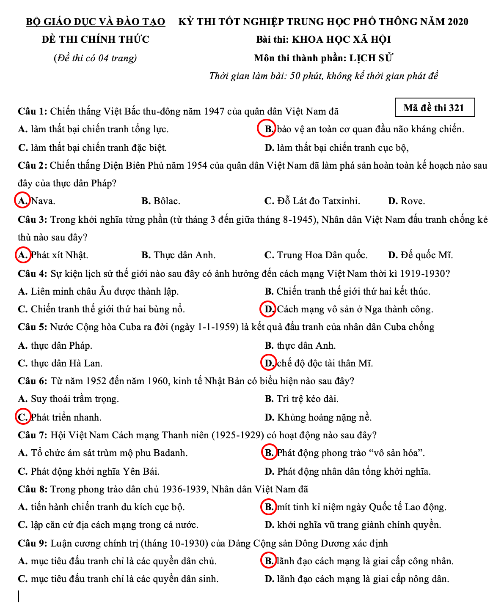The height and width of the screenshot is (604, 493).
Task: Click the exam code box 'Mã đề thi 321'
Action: point(434,108)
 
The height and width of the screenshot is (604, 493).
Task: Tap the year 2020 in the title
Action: point(457,22)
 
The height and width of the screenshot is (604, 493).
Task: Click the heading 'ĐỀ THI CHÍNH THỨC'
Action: point(95,40)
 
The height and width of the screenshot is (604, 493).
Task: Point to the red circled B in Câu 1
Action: point(267,129)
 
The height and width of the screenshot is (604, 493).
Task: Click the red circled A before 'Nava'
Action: point(22,201)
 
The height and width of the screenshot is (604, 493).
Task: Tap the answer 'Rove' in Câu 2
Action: point(413,201)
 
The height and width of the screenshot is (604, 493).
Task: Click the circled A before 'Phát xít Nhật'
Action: point(22,255)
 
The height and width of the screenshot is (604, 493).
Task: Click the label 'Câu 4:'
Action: point(32,273)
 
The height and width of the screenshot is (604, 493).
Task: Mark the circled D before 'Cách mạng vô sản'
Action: point(268,309)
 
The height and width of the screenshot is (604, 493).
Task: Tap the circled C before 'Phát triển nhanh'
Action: point(22,417)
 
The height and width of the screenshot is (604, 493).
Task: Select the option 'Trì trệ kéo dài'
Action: point(307,399)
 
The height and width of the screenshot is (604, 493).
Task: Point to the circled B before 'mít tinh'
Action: point(269,507)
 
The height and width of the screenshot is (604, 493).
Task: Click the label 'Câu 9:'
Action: point(32,543)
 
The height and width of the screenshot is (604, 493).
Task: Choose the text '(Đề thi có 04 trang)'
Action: point(95,58)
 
